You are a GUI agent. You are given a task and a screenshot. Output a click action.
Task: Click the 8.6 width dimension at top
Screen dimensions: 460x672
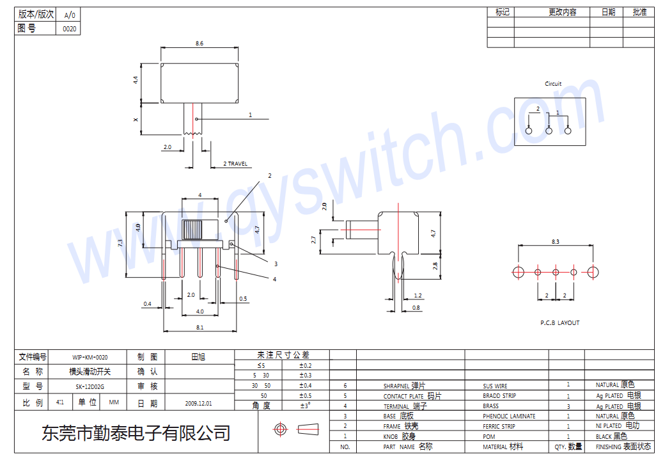click(x=199, y=44)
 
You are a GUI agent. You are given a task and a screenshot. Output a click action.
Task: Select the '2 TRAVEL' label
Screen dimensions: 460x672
click(x=235, y=164)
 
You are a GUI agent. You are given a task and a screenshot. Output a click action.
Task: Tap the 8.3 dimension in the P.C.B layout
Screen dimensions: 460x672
click(x=554, y=241)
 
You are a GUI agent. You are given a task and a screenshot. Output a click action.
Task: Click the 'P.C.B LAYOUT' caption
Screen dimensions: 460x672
click(x=559, y=323)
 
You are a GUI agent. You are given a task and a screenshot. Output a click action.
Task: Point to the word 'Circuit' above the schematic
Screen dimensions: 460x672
click(x=553, y=84)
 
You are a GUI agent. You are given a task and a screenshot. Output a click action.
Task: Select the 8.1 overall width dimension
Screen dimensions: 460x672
click(x=199, y=327)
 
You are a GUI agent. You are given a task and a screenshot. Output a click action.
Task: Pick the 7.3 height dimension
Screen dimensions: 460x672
click(x=120, y=244)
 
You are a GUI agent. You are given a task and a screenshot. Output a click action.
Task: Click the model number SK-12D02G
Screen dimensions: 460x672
click(x=90, y=387)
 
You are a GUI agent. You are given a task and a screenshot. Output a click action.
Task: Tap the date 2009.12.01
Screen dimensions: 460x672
click(x=198, y=404)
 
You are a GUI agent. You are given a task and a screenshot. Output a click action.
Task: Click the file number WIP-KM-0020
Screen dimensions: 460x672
click(x=90, y=358)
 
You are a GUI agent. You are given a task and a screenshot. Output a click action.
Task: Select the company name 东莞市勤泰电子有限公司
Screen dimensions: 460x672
click(x=136, y=434)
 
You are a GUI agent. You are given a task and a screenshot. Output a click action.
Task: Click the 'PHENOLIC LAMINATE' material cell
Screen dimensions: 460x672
click(x=509, y=416)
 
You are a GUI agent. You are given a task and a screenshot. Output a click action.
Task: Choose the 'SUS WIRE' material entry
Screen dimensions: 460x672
click(x=495, y=386)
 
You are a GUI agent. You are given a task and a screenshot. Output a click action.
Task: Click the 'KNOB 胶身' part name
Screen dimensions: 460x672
click(x=400, y=436)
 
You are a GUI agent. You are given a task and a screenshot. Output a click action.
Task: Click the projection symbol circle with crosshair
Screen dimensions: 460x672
click(x=279, y=429)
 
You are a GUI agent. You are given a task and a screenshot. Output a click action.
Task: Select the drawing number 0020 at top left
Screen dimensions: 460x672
click(x=69, y=29)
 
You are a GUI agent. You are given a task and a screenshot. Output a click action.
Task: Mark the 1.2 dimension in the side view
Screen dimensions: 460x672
click(x=418, y=296)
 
